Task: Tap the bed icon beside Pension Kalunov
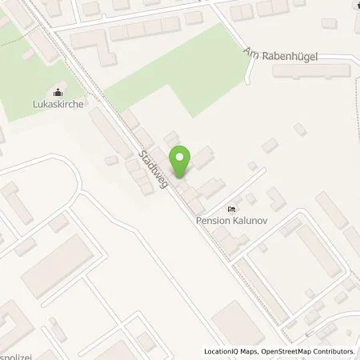pyautogui.click(x=231, y=209)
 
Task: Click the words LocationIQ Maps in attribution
pyautogui.click(x=230, y=351)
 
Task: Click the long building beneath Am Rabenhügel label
pyautogui.click(x=311, y=71)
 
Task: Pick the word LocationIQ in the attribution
pyautogui.click(x=221, y=351)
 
